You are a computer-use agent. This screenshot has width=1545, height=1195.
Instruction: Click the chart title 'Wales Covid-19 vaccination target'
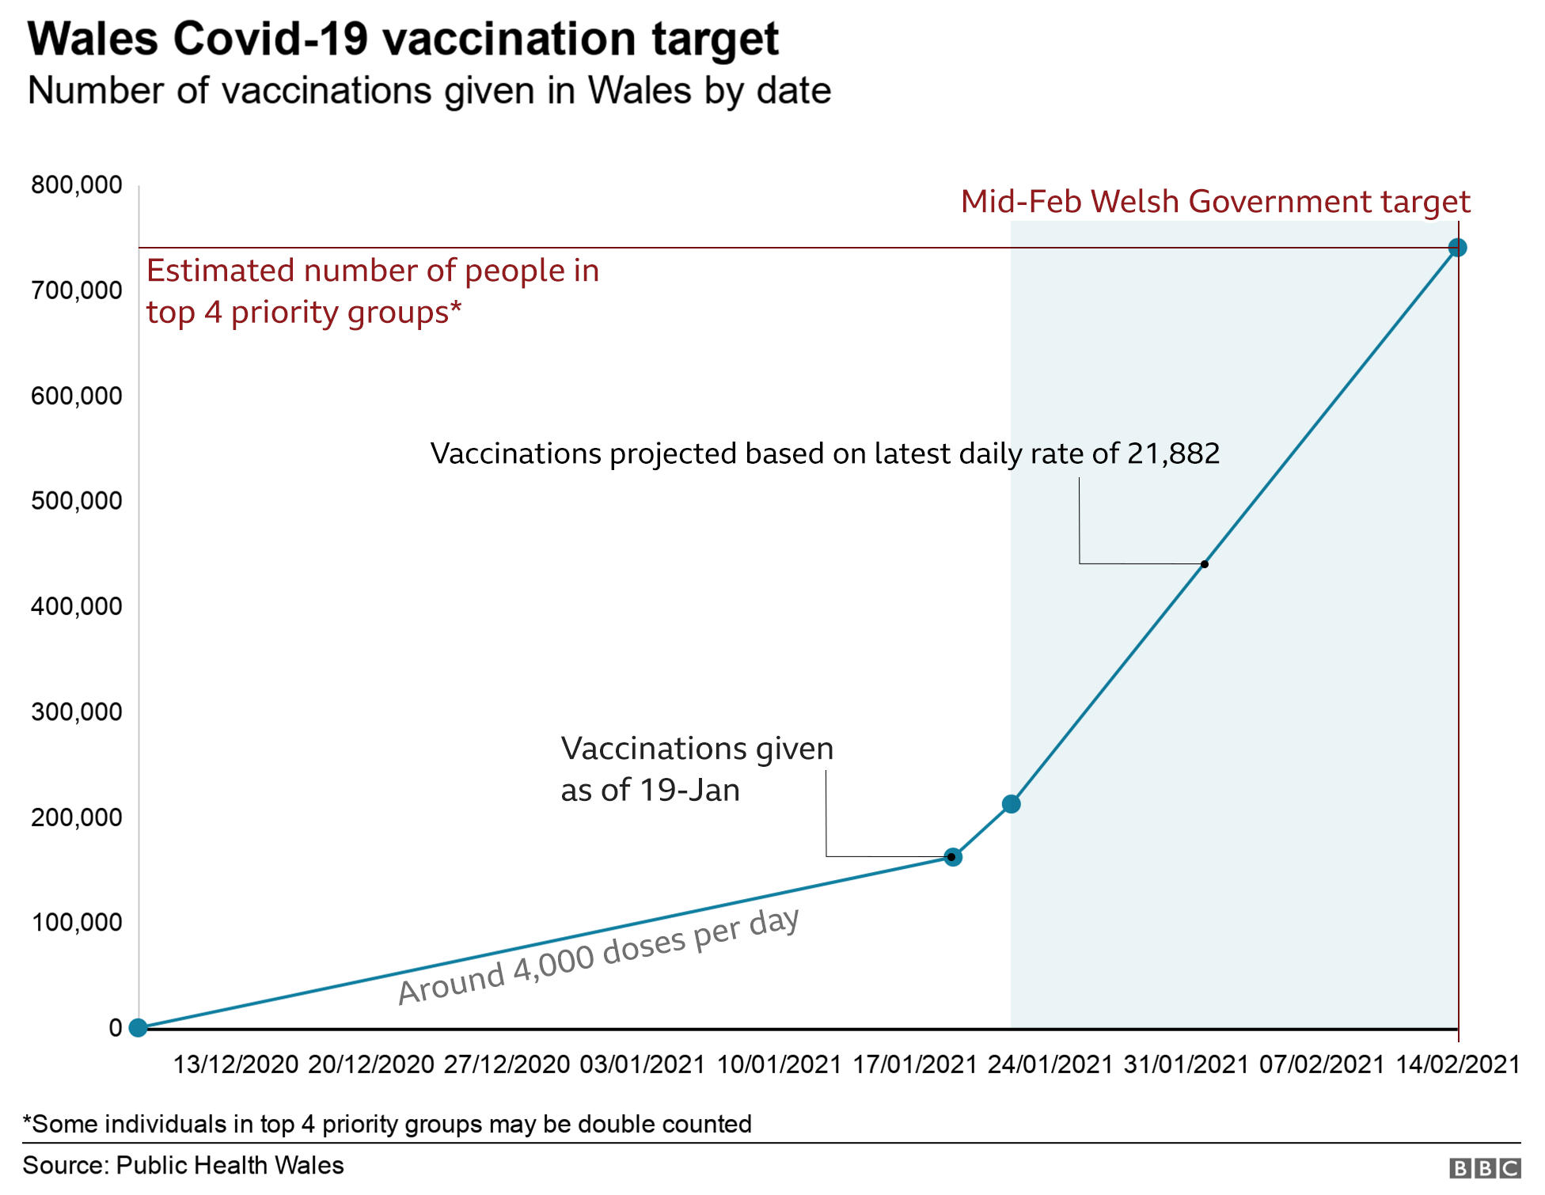(403, 40)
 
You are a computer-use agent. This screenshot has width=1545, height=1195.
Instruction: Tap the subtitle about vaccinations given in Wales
(429, 91)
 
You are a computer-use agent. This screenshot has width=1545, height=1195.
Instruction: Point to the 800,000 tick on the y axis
(77, 185)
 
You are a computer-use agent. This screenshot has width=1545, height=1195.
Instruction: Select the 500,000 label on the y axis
(77, 501)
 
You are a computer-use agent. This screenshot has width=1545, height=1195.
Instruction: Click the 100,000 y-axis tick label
(77, 923)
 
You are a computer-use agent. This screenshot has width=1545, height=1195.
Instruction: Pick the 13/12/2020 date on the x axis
(235, 1065)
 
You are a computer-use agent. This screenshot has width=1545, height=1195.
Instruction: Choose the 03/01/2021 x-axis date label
(642, 1065)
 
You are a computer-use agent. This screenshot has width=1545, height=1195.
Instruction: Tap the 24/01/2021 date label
(1050, 1065)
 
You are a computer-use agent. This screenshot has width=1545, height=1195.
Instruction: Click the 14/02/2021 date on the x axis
(1457, 1065)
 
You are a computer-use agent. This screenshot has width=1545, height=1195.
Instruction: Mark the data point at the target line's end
(1457, 248)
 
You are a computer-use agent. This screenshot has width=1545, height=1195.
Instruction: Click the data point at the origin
(138, 1028)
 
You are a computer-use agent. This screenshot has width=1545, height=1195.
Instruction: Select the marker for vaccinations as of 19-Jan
(953, 857)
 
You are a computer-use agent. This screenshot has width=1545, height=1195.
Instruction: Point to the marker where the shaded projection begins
(1011, 804)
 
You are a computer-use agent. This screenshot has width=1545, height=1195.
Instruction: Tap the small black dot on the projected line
(1204, 564)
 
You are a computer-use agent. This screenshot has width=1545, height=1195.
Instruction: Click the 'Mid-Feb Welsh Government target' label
(1215, 203)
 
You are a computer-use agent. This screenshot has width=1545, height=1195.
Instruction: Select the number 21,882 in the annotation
(1173, 454)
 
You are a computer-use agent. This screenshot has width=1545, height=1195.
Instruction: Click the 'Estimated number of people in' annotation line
(372, 271)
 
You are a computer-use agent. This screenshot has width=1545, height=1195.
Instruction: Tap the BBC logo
(1485, 1168)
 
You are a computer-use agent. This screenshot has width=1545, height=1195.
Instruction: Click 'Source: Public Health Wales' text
(183, 1166)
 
